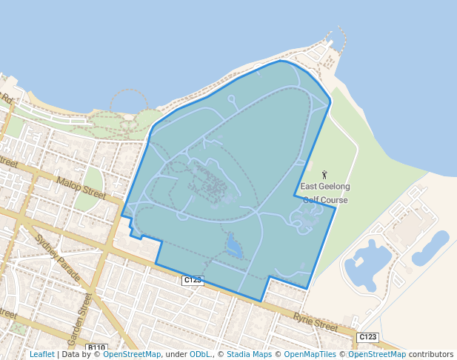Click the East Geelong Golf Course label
pyautogui.click(x=325, y=193)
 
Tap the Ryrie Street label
pyautogui.click(x=314, y=321)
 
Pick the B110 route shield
pyautogui.click(x=96, y=347)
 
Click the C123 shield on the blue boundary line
pyautogui.click(x=193, y=280)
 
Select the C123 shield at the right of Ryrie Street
pyautogui.click(x=367, y=337)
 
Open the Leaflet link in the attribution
pyautogui.click(x=41, y=354)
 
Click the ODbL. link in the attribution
pyautogui.click(x=199, y=354)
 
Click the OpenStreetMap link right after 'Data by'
pyautogui.click(x=132, y=354)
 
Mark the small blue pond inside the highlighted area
pyautogui.click(x=234, y=246)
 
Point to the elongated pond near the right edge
pyautogui.click(x=430, y=249)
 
